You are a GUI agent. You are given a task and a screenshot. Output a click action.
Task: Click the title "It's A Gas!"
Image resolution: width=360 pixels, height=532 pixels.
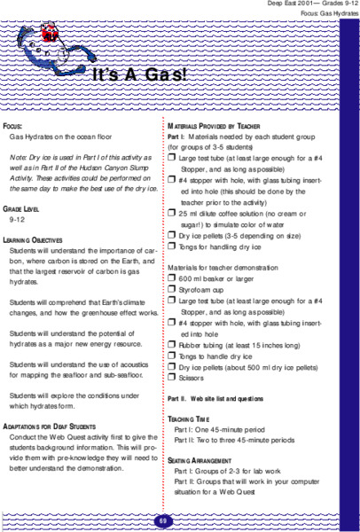pyautogui.click(x=139, y=74)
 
